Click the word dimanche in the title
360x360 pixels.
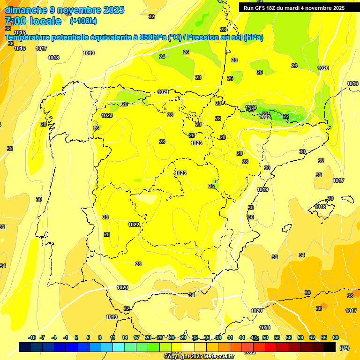pyautogui.click(x=26, y=10)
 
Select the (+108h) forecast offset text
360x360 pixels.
pyautogui.click(x=83, y=21)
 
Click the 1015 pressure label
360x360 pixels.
pyautogui.click(x=19, y=32)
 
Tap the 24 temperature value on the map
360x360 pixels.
pyautogui.click(x=162, y=57)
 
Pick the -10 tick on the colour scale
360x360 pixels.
pyautogui.click(x=32, y=337)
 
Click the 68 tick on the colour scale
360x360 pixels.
pyautogui.click(x=336, y=337)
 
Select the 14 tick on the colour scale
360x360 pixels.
pyautogui.click(x=124, y=337)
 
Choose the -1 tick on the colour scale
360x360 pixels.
pyautogui.click(x=66, y=337)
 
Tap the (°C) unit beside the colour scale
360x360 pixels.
pyautogui.click(x=345, y=348)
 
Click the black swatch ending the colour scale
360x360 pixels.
pyautogui.click(x=330, y=347)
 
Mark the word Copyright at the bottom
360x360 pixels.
pyautogui.click(x=176, y=356)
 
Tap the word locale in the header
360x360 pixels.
pyautogui.click(x=45, y=21)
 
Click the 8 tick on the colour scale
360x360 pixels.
pyautogui.click(x=100, y=337)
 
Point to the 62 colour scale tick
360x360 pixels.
pyautogui.click(x=312, y=337)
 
